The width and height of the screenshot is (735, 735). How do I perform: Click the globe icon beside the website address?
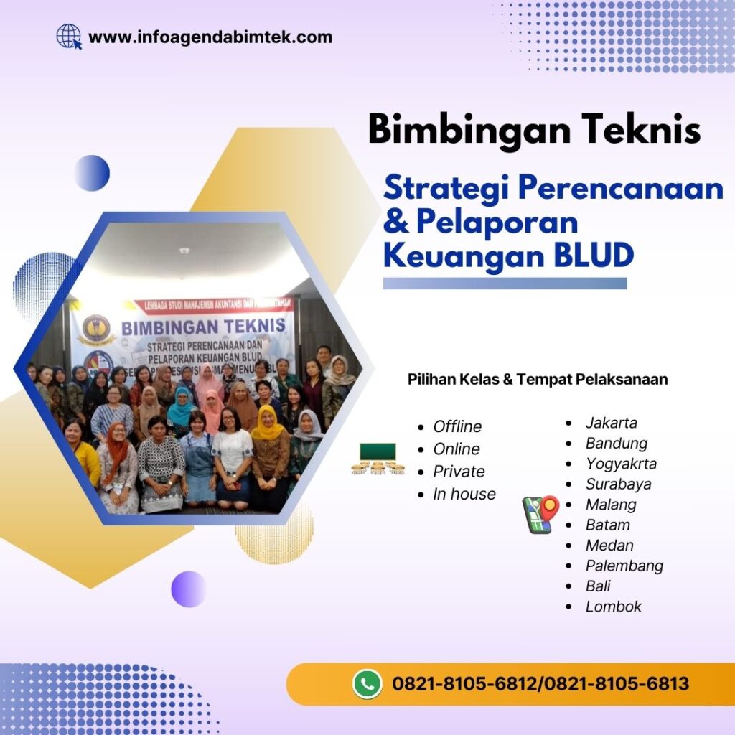coord(69,36)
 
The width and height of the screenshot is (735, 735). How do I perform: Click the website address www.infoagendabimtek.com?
coord(210,37)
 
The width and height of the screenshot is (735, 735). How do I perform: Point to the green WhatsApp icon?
coord(367,684)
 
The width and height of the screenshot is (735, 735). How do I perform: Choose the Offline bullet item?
coord(457,426)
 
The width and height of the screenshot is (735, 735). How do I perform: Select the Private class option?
coord(459,472)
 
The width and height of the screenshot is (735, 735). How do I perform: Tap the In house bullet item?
coord(464,494)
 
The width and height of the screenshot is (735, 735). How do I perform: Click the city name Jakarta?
coord(612,423)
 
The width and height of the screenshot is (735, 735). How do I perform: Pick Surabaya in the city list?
coord(619,484)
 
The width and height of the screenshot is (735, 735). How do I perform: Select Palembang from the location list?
coord(624,566)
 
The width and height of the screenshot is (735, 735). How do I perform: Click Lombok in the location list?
coord(614,607)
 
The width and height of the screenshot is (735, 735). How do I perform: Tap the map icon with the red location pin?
coord(540,514)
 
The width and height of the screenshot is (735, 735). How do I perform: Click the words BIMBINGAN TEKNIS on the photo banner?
coord(203,327)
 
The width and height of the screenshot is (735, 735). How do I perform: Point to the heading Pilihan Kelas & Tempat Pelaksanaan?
coord(538,379)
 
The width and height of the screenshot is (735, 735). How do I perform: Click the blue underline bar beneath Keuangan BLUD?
coord(505,284)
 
